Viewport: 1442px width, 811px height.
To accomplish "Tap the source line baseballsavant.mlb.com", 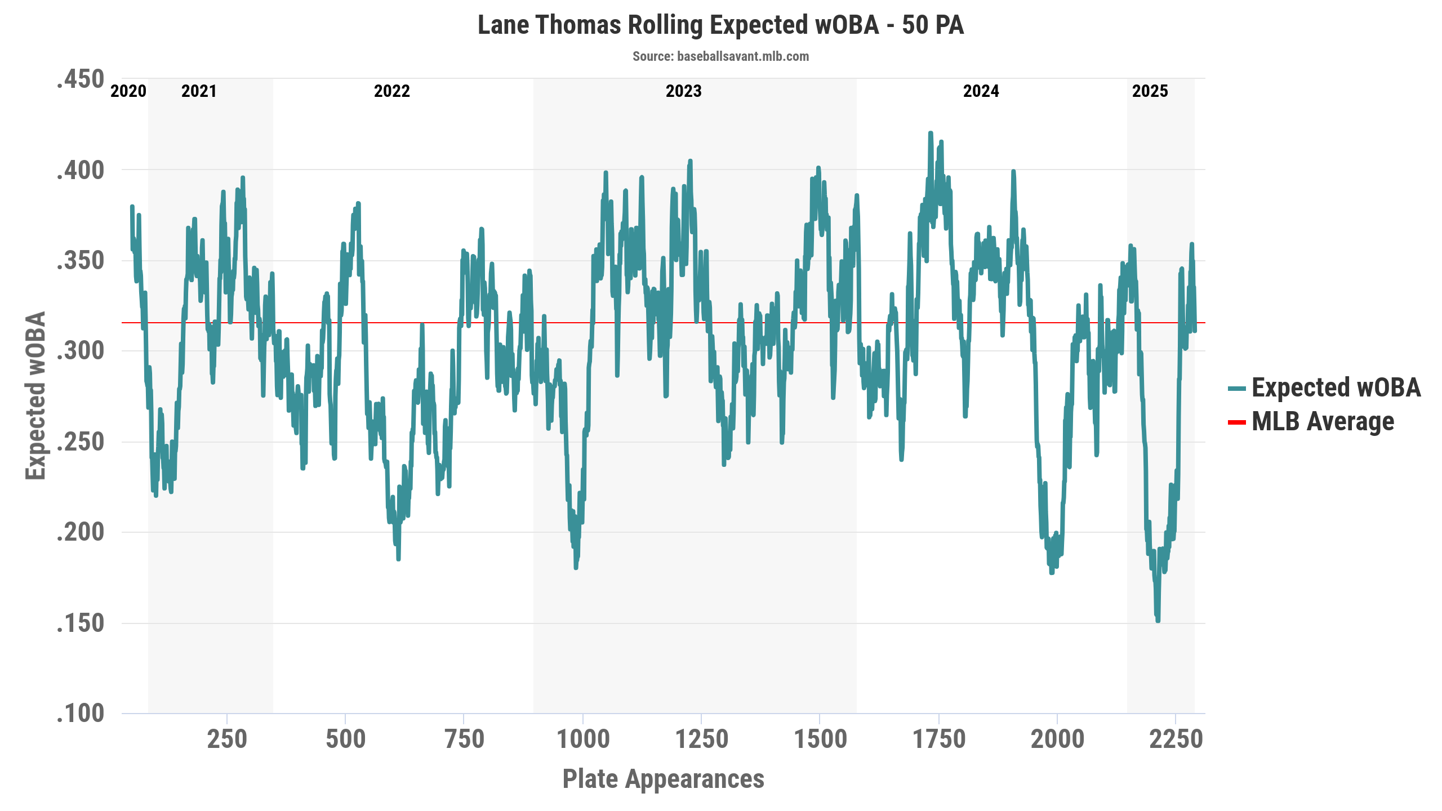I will [720, 56].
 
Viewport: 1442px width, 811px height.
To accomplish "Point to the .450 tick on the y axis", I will [81, 79].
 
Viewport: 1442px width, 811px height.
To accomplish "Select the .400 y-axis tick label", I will [81, 170].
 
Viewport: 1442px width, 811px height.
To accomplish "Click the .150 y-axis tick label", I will [81, 623].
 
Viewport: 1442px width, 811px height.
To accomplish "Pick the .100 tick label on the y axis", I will [81, 714].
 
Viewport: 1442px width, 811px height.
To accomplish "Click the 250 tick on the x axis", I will [227, 739].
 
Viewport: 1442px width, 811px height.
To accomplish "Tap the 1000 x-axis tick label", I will [583, 739].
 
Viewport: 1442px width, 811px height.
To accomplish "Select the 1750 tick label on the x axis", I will [939, 739].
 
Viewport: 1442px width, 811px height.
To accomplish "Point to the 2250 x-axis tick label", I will [1176, 739].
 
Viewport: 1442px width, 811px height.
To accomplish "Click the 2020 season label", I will [128, 91].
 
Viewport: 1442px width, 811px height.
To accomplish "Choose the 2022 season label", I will [392, 91].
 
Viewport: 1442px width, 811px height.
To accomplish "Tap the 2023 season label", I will [684, 91].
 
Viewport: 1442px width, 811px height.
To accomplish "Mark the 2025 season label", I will [1150, 91].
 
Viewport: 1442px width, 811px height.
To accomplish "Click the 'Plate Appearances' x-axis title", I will [664, 779].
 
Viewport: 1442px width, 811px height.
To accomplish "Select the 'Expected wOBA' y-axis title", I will [35, 395].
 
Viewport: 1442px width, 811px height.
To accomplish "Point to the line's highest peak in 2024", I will [931, 133].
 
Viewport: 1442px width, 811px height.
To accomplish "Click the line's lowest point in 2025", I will [1158, 620].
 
